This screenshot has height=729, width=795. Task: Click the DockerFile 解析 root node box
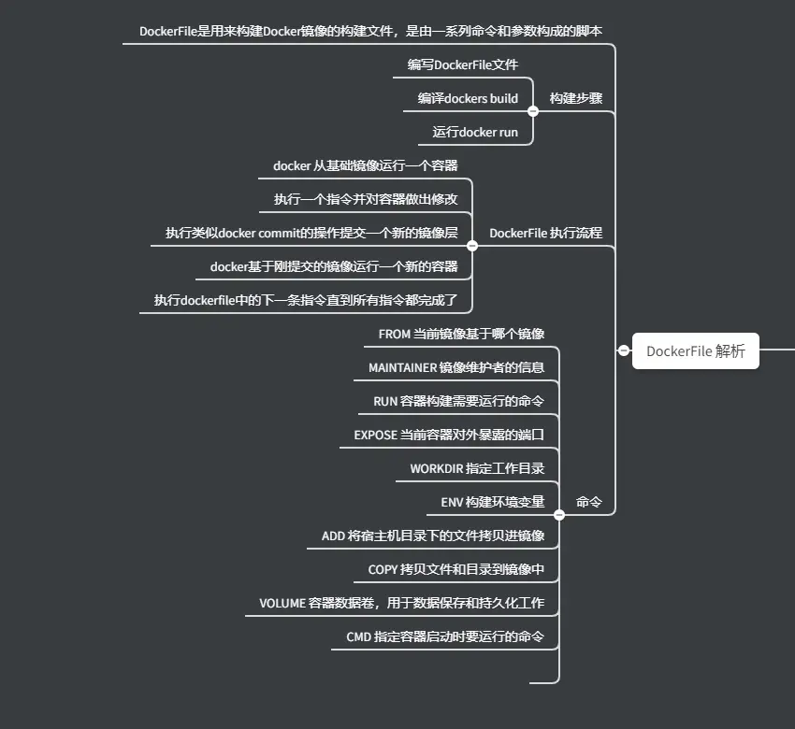[695, 351]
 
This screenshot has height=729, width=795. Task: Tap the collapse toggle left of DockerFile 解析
[624, 350]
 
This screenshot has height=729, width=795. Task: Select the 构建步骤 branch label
[575, 98]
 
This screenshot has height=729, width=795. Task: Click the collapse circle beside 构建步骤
[533, 111]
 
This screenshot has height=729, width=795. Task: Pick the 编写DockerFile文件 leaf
[462, 64]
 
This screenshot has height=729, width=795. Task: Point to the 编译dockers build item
[468, 98]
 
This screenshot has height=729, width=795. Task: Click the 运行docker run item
[475, 132]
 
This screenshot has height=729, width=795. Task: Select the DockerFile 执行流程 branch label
[545, 233]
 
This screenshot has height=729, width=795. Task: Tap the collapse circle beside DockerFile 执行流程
[472, 246]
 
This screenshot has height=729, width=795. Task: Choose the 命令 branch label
[588, 502]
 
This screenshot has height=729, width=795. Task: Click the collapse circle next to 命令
[559, 514]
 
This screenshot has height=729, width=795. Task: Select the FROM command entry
[461, 334]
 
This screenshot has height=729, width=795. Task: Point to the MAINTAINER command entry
[456, 367]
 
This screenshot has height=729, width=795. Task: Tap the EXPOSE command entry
[449, 435]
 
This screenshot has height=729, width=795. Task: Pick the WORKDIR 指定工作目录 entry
[477, 468]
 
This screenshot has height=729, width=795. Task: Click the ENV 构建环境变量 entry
[492, 502]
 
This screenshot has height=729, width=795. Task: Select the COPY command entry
[455, 569]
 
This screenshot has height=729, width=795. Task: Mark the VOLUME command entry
[401, 603]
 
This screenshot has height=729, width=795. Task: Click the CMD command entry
[445, 636]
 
